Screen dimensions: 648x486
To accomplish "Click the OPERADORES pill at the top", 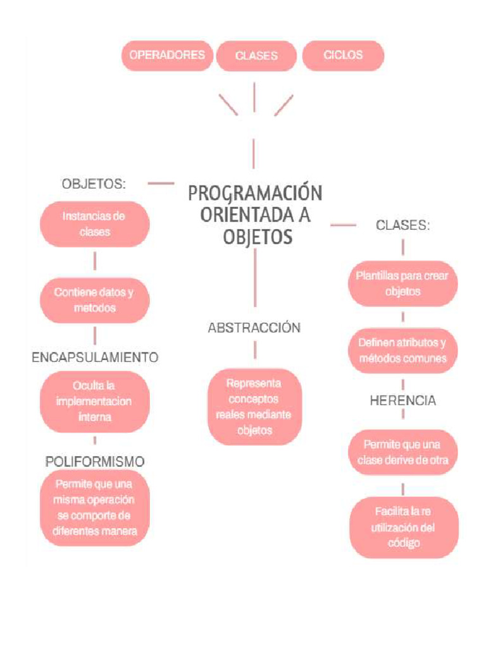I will coord(167,55).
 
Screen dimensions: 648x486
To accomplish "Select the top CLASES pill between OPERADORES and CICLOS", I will coord(256,56).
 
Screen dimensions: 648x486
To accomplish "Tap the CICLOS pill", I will coord(343,55).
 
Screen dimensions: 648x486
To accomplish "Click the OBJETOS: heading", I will coord(94,184).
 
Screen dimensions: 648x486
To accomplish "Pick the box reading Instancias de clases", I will coord(94,224).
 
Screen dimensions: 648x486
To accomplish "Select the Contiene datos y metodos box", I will coord(94,301).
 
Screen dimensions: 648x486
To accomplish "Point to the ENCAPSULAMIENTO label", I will coord(95,358).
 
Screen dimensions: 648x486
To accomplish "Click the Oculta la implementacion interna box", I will coord(94,401).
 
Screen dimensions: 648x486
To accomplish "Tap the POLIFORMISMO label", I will coord(95,462).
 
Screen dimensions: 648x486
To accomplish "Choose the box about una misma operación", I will coord(95,508).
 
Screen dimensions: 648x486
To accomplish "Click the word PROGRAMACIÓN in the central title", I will coord(255,193).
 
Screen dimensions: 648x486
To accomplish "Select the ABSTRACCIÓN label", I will coord(254,328).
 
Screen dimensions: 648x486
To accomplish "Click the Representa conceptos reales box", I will coord(254,407).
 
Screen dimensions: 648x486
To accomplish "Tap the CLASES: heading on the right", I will coord(403,225).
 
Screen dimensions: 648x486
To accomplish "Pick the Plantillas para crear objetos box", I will coord(402,284).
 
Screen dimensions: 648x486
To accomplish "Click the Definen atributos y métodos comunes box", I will coord(402,351).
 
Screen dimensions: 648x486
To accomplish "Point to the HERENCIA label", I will coord(402,401).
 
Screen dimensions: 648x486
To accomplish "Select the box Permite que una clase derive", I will coord(402,452).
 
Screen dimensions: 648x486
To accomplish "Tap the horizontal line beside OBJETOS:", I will coord(161,184).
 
